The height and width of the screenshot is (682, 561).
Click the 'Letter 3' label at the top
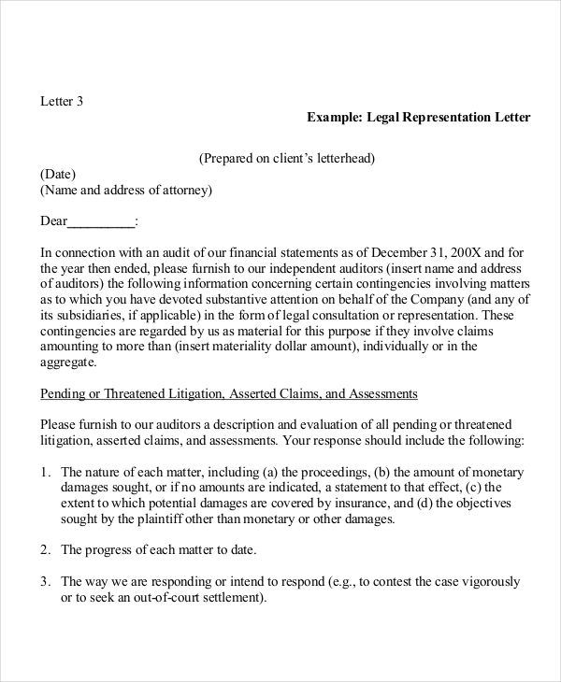62,101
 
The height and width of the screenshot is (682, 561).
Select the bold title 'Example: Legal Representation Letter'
418,118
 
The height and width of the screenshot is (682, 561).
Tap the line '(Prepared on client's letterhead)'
288,158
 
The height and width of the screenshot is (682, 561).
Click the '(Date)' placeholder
58,175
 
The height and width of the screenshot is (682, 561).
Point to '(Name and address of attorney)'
126,191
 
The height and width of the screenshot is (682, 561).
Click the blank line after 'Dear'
103,221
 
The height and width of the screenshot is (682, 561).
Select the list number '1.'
46,472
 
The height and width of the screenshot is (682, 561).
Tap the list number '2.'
46,549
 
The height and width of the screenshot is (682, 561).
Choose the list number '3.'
46,581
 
